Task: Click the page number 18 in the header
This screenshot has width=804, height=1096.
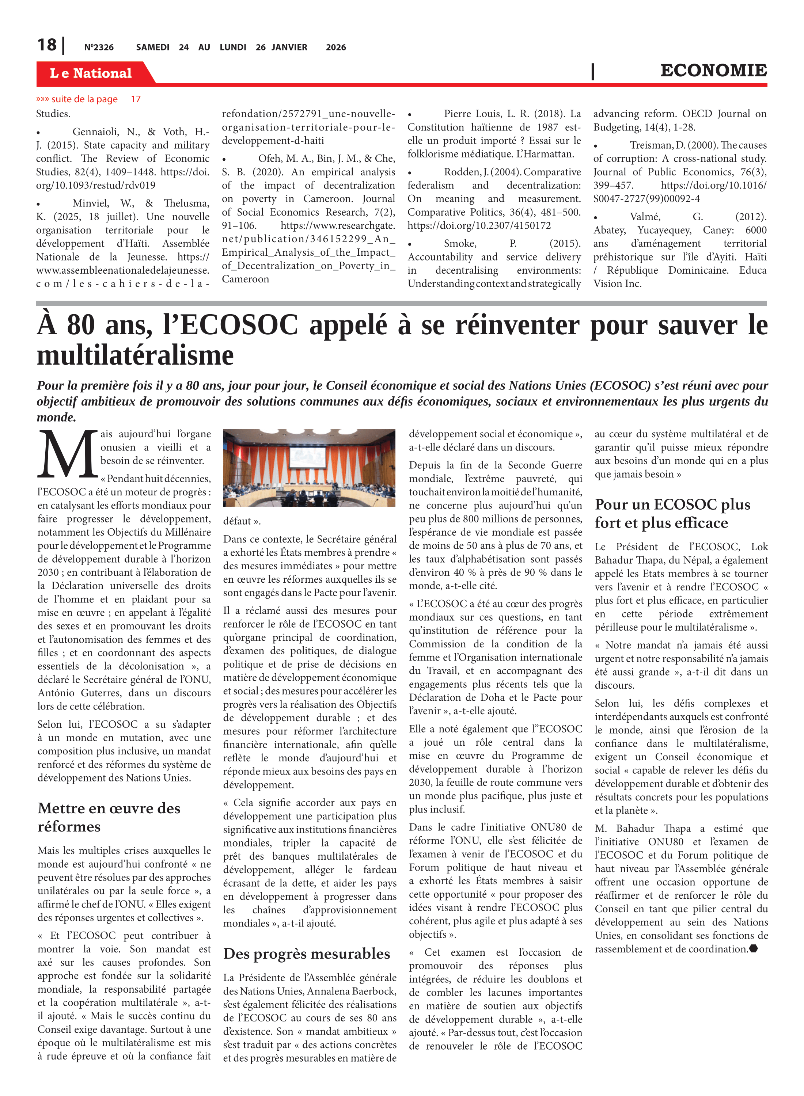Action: point(47,45)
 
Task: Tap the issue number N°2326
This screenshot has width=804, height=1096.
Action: point(99,47)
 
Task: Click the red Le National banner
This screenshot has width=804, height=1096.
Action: point(91,73)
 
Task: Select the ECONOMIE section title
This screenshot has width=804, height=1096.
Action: point(713,71)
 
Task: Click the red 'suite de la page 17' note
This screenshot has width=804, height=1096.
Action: point(88,99)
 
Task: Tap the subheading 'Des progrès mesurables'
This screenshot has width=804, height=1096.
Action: point(307,954)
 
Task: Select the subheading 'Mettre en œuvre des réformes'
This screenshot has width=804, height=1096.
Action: point(109,817)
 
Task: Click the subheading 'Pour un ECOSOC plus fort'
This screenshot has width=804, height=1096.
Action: point(672,513)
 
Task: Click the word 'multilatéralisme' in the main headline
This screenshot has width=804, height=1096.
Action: point(135,355)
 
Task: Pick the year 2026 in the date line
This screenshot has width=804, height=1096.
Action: point(336,47)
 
